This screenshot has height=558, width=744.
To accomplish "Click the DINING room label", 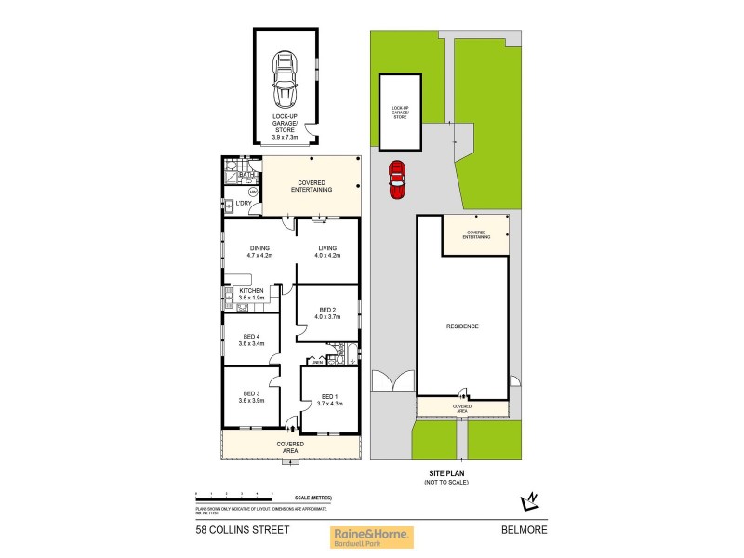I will (259, 248).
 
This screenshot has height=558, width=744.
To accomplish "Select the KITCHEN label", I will (252, 292).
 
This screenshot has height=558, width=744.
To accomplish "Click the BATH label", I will (246, 174).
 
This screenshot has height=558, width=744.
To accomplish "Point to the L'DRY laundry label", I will (246, 203).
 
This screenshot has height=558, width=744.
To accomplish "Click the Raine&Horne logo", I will (372, 537).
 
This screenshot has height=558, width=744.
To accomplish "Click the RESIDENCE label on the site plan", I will (462, 325).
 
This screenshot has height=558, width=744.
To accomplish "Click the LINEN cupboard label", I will (316, 362).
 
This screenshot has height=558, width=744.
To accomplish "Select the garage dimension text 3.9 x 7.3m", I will (285, 137).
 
